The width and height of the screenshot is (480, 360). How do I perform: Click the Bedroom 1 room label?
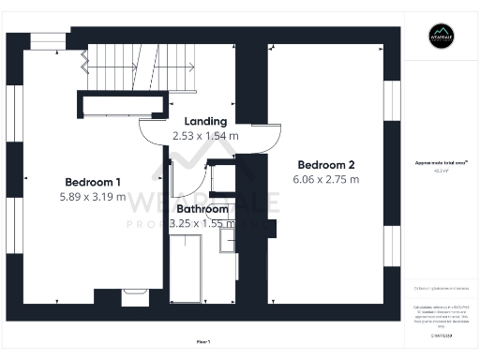(93, 182)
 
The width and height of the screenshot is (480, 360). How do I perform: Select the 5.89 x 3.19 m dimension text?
(93, 198)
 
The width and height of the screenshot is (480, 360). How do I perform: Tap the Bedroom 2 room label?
(325, 162)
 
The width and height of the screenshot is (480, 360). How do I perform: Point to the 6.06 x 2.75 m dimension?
(325, 178)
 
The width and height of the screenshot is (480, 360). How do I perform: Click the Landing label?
(205, 121)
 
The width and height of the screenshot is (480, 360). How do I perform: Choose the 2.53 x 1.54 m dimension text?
(205, 136)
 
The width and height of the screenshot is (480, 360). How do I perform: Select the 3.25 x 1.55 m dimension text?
(202, 225)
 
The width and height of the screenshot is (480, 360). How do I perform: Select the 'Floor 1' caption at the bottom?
(203, 341)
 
